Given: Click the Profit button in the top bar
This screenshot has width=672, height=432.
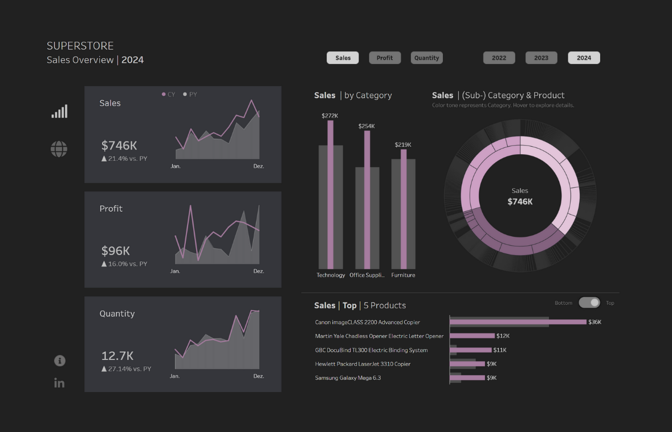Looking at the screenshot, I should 385,58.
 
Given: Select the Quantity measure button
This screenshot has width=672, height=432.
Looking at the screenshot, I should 426,58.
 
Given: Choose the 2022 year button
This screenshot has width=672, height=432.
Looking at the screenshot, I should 499,58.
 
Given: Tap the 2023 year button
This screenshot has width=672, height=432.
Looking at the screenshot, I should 541,58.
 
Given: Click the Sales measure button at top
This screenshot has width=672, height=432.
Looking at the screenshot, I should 343,58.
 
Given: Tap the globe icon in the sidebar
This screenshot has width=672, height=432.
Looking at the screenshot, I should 59,149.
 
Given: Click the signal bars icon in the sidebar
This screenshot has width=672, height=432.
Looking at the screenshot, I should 59,111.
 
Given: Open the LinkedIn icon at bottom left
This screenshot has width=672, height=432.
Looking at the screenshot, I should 59,383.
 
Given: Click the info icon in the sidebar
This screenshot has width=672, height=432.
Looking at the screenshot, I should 59,361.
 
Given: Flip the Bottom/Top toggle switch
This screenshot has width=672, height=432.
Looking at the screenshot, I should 589,302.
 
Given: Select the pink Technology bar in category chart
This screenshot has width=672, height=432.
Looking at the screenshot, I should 331,194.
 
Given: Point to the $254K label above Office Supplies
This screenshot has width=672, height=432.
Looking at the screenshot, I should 366,126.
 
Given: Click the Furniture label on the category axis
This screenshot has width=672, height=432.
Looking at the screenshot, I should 403,275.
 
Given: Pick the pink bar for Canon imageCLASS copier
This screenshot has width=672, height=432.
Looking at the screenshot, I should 518,322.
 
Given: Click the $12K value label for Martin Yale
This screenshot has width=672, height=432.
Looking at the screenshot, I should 503,336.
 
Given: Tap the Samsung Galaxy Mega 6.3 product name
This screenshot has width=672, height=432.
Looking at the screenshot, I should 348,378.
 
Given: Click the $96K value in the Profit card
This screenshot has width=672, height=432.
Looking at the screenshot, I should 116,251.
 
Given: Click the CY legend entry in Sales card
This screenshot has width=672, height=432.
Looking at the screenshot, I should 169,94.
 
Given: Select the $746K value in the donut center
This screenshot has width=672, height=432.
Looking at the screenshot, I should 520,201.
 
